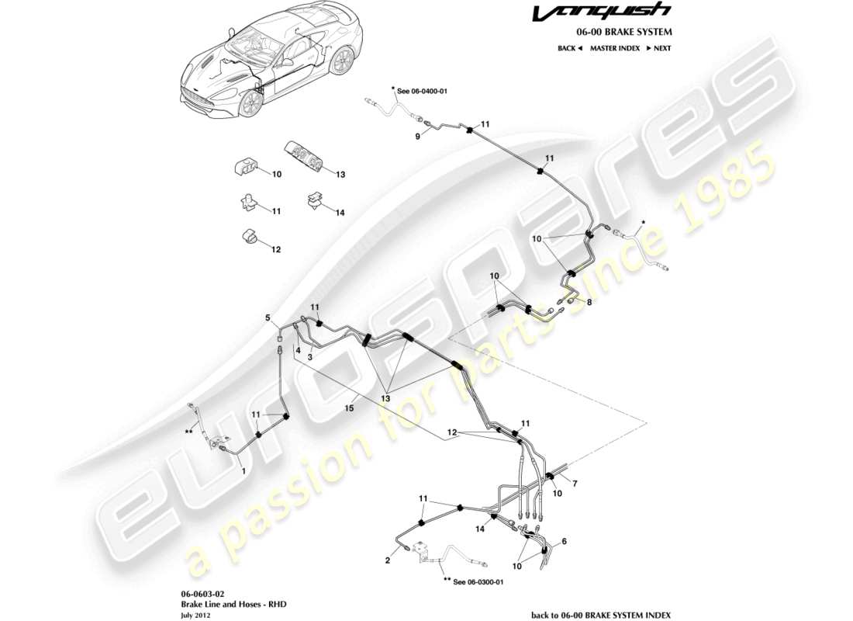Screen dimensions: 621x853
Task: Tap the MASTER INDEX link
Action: pyautogui.click(x=614, y=48)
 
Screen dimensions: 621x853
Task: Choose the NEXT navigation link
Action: pyautogui.click(x=658, y=48)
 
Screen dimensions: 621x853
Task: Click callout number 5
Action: pyautogui.click(x=268, y=317)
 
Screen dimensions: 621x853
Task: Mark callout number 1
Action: pyautogui.click(x=243, y=470)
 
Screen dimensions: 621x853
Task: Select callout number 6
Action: pyautogui.click(x=564, y=541)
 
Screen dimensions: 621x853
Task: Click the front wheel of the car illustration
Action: pyautogui.click(x=250, y=103)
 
